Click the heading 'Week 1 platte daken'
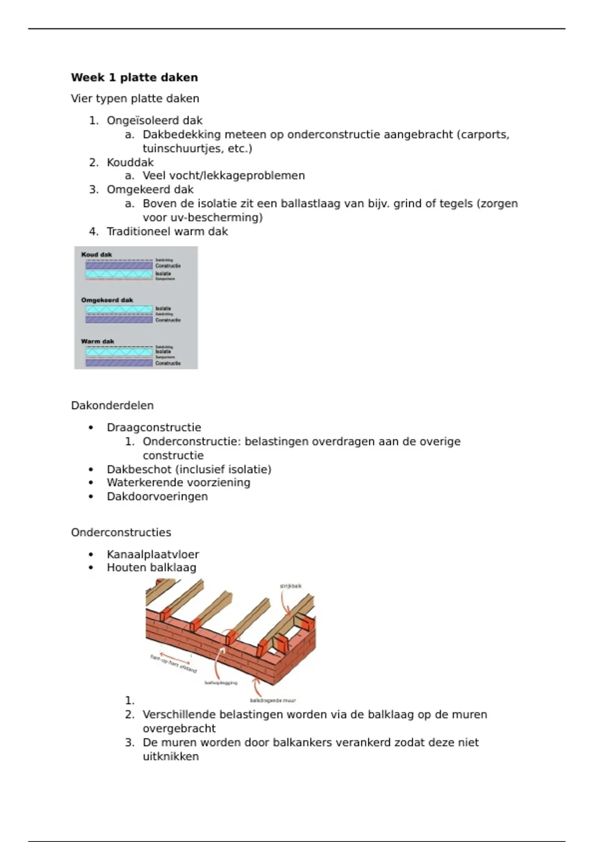(134, 78)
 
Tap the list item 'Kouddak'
(130, 162)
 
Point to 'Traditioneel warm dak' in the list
(167, 232)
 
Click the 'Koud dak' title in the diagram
(97, 255)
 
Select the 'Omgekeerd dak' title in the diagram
(107, 300)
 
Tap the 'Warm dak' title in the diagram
(98, 341)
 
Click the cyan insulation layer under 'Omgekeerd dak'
(119, 310)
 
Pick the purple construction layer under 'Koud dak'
(119, 266)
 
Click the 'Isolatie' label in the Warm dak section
(163, 352)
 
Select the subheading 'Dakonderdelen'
(112, 406)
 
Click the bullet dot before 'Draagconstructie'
(91, 428)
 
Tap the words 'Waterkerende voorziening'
(178, 483)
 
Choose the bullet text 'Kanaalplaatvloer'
(152, 555)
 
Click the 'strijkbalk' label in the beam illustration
(291, 586)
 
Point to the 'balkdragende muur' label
(273, 701)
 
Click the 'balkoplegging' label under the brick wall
(221, 683)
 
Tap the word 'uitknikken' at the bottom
(171, 757)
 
